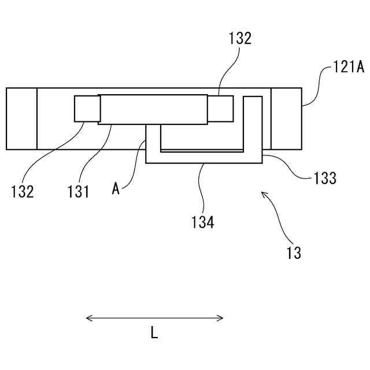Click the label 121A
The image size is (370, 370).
[x=349, y=68]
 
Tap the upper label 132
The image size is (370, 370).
[x=240, y=39]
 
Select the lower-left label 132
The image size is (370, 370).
[x=22, y=191]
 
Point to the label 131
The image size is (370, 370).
[x=78, y=191]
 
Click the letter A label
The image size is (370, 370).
[x=116, y=188]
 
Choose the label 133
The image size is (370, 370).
[x=325, y=179]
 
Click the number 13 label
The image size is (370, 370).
[x=294, y=253]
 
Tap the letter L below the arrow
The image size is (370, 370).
[x=154, y=333]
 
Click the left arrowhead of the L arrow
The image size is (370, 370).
[x=88, y=317]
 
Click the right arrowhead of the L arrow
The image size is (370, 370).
[x=221, y=317]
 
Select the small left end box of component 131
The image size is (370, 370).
[x=87, y=109]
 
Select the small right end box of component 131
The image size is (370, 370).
[x=220, y=109]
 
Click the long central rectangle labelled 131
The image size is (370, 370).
[x=153, y=109]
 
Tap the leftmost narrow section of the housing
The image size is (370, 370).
[x=21, y=119]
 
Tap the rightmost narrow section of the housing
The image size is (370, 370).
[x=286, y=119]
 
